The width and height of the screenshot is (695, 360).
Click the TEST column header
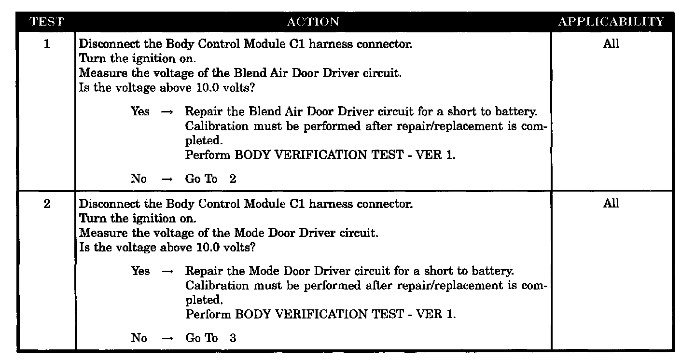[x=46, y=22]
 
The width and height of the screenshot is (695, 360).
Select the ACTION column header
[x=313, y=22]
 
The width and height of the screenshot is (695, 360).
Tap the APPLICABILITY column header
[x=611, y=22]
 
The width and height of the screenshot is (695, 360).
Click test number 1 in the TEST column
[x=47, y=44]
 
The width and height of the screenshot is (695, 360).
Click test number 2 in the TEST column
[x=47, y=204]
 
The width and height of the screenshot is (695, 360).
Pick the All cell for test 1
[x=611, y=44]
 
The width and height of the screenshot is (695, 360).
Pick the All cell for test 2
[x=611, y=203]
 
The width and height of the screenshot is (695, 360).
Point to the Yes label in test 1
[x=140, y=111]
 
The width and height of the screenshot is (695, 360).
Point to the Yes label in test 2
[x=140, y=271]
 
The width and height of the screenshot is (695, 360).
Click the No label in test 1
[x=139, y=179]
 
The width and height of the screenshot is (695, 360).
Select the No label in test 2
[x=139, y=338]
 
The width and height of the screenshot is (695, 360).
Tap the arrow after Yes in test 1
[x=167, y=112]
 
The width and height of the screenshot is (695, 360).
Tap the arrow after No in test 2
[x=167, y=338]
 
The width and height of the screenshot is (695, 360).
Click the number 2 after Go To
[x=233, y=179]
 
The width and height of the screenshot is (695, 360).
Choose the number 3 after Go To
[x=233, y=338]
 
